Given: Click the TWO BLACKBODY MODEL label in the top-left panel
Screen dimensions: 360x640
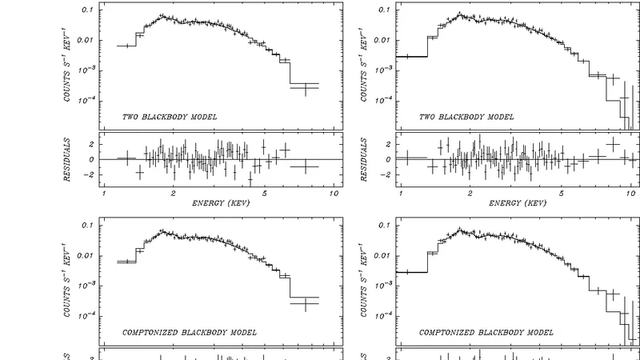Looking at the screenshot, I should (170, 117).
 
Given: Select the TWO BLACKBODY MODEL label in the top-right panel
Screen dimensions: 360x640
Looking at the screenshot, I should (467, 117).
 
